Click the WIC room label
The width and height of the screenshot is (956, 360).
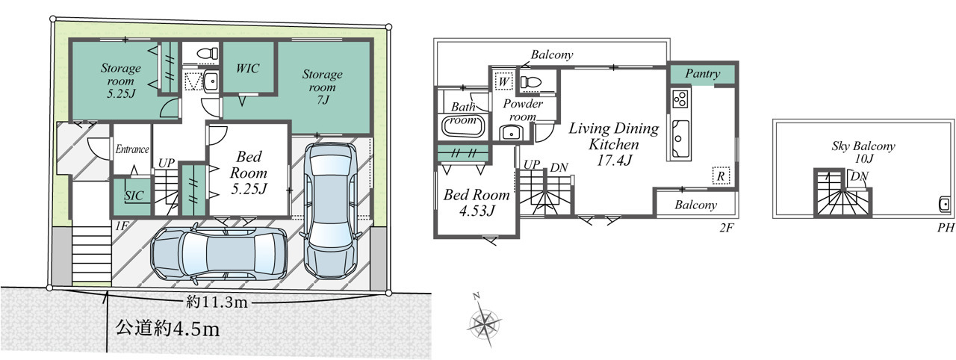click(x=247, y=68)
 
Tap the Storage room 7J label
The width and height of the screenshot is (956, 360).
click(x=322, y=87)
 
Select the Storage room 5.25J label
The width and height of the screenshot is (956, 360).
click(x=121, y=81)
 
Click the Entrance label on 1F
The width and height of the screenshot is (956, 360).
click(x=132, y=149)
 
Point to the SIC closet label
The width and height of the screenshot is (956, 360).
click(x=134, y=196)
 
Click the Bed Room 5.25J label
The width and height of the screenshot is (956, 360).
click(x=249, y=173)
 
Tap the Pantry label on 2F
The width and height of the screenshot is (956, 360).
click(x=703, y=74)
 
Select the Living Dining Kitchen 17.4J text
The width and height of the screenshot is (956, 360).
click(x=614, y=144)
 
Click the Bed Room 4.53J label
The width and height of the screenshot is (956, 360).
click(x=477, y=202)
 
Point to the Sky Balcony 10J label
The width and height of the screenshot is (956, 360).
click(x=863, y=152)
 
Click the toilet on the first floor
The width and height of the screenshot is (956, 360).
click(x=208, y=55)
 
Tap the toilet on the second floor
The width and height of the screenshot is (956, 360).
click(x=531, y=82)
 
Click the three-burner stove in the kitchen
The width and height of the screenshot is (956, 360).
click(x=680, y=99)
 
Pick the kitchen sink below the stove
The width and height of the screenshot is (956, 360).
click(x=680, y=134)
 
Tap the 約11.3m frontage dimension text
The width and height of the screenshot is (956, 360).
click(x=217, y=302)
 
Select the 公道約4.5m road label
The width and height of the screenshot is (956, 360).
click(x=167, y=329)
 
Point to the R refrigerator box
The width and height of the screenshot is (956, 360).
click(x=721, y=176)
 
